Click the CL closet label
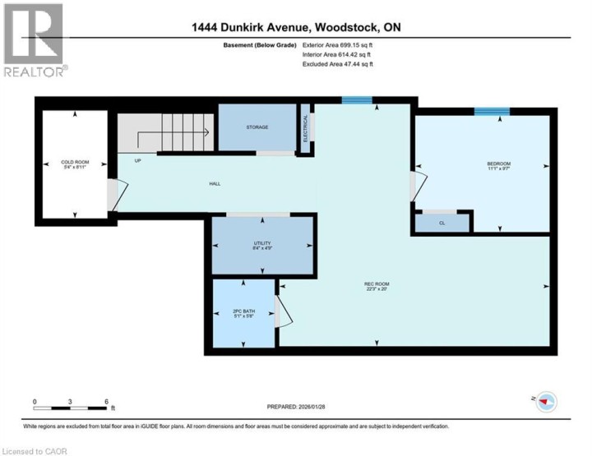tap(442, 222)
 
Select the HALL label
tap(214, 183)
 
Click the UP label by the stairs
tap(138, 160)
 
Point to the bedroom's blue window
tap(492, 111)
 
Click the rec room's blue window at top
tap(357, 100)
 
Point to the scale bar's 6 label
tap(107, 403)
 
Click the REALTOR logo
tap(32, 41)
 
